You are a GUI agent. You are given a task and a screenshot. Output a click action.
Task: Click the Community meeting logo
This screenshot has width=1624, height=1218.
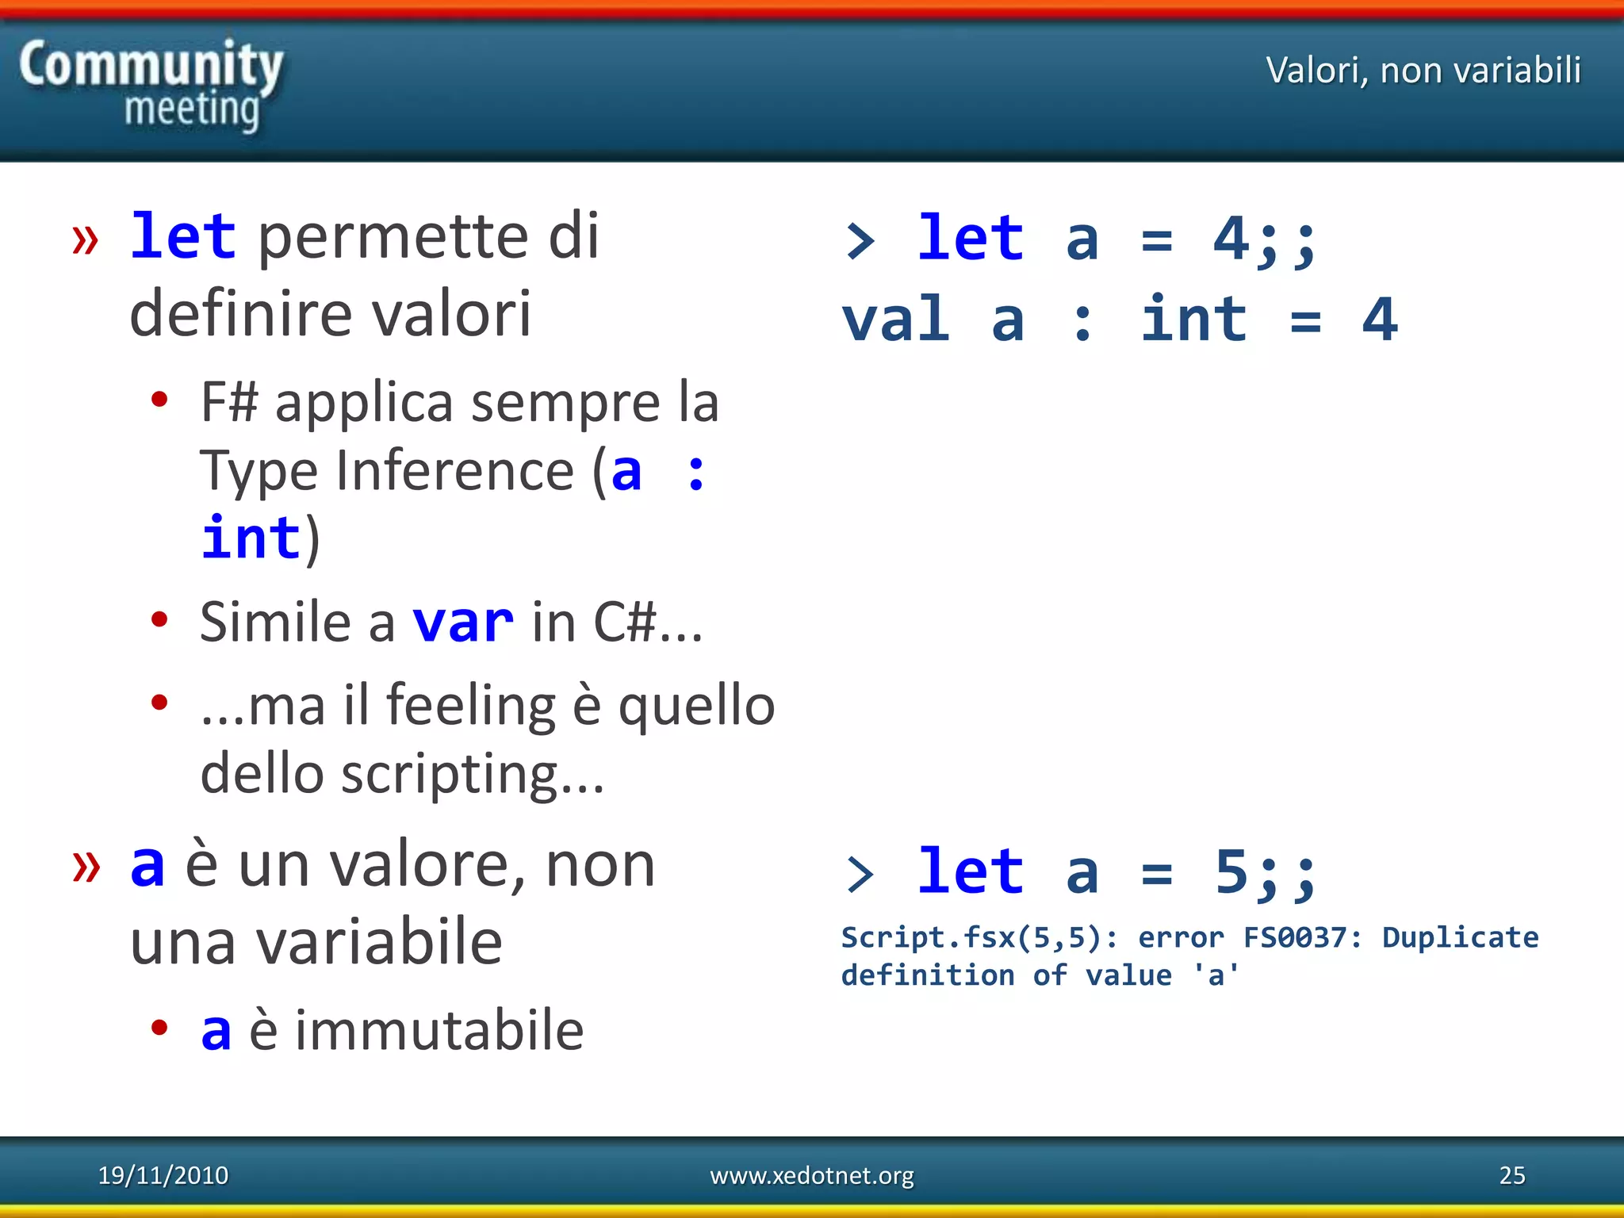[151, 85]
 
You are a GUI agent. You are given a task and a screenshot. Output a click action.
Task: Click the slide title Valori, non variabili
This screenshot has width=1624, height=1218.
[1423, 71]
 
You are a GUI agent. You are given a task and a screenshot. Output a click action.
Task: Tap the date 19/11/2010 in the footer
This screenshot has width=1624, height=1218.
[163, 1175]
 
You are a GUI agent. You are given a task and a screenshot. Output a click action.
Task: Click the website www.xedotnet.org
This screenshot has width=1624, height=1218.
[811, 1175]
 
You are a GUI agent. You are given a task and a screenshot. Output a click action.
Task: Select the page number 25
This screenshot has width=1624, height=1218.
[1511, 1175]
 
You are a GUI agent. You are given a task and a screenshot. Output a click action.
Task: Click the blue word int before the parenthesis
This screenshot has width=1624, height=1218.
[251, 538]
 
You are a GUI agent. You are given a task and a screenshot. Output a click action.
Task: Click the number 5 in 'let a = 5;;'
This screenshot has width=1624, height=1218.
[1231, 871]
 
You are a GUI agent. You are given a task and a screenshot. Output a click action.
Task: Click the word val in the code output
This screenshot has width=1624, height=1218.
[895, 320]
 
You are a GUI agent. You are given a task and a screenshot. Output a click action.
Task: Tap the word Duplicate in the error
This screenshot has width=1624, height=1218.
[1460, 937]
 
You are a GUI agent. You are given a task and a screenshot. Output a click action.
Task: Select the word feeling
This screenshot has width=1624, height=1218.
[470, 705]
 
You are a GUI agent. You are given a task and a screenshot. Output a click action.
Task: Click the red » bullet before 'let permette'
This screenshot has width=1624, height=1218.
[86, 239]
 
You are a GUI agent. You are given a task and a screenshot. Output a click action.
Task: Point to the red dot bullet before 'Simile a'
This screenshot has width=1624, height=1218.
[159, 619]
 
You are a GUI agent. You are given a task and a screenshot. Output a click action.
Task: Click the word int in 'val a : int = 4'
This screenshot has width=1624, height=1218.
[1193, 320]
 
